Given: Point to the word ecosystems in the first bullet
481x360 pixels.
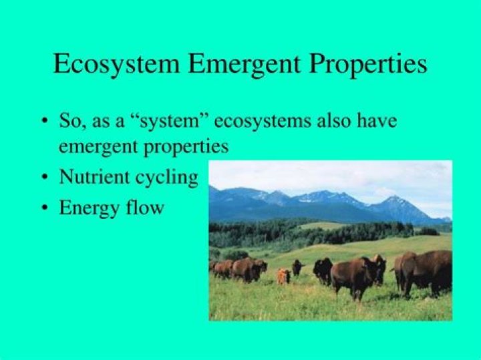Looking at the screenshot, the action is click(263, 121).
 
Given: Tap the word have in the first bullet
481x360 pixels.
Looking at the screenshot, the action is click(377, 120).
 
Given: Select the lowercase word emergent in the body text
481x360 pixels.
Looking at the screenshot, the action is click(98, 147).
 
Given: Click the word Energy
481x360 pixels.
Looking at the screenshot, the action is click(90, 208).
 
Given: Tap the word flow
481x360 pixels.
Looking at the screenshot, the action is click(145, 207).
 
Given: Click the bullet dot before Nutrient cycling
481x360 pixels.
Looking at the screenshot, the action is click(45, 177).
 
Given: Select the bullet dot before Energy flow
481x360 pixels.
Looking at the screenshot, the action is click(45, 208).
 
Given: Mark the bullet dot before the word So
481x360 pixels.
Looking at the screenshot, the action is click(45, 120).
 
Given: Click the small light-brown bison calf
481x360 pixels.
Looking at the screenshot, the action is click(284, 276).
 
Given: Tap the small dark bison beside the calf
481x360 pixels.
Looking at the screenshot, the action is click(297, 268).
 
